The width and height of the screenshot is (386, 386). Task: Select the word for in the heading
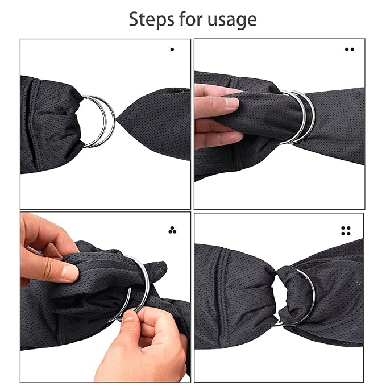click(x=189, y=19)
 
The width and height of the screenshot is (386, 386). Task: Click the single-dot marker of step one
click(x=172, y=49)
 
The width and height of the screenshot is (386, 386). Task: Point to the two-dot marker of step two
click(x=349, y=49)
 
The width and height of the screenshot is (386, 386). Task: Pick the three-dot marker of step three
click(x=172, y=230)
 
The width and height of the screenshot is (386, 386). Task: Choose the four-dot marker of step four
click(x=346, y=230)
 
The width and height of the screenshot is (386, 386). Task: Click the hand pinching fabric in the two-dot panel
click(x=216, y=114)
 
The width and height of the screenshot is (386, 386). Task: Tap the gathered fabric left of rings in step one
click(x=51, y=122)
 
